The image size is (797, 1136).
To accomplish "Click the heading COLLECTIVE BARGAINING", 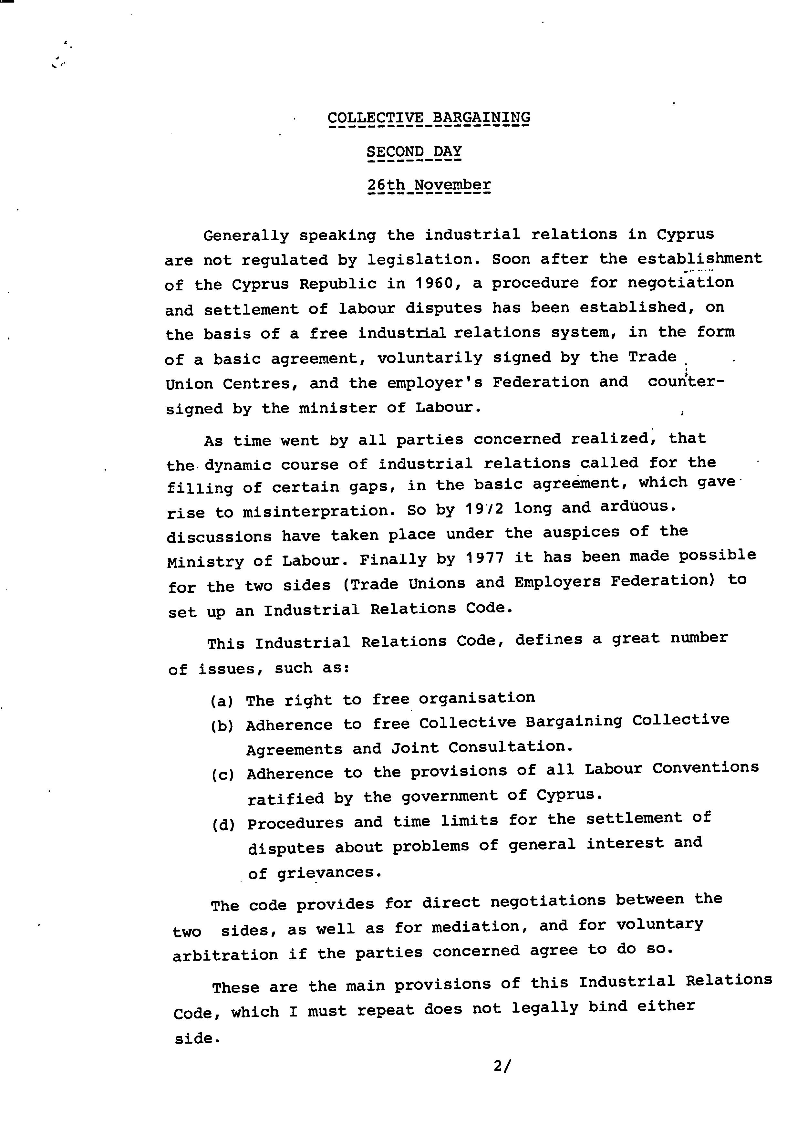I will point(429,118).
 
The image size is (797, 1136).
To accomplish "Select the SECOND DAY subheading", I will point(414,151).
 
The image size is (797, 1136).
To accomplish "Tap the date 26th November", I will point(429,185).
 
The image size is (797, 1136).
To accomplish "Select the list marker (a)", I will point(222,702).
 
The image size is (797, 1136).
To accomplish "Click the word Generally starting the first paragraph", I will point(246,235).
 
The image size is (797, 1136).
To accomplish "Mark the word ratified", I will point(285,798).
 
